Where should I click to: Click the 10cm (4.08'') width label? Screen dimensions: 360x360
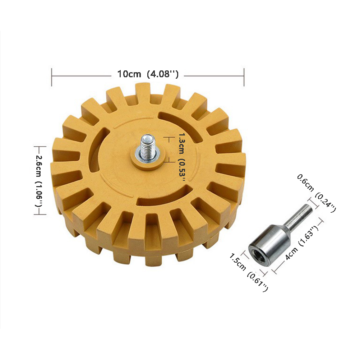[x=148, y=74]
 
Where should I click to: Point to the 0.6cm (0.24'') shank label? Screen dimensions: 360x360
[x=317, y=193]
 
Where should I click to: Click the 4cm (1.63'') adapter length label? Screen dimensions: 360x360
[x=302, y=243]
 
